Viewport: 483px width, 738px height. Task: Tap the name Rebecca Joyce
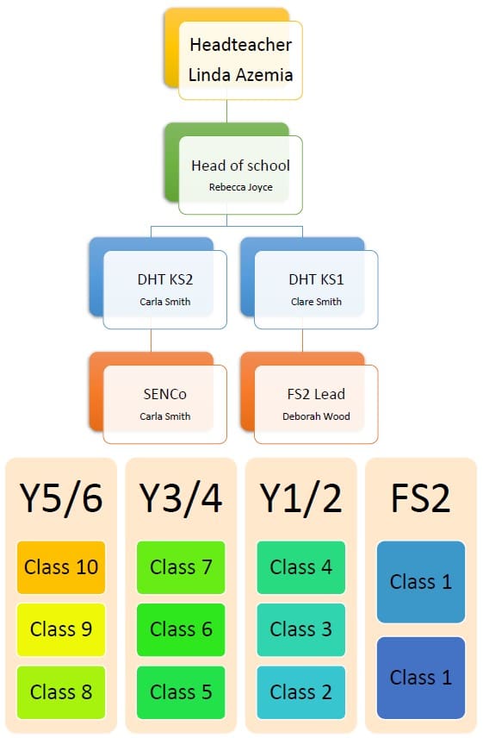pyautogui.click(x=240, y=187)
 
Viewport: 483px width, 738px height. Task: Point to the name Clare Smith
pyautogui.click(x=316, y=302)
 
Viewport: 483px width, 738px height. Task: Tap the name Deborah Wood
pyautogui.click(x=316, y=416)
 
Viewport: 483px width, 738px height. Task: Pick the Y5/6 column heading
pyautogui.click(x=61, y=498)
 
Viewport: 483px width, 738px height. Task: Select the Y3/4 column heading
pyautogui.click(x=181, y=498)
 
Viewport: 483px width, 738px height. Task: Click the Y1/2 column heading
pyautogui.click(x=300, y=498)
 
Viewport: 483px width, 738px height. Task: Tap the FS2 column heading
pyautogui.click(x=420, y=498)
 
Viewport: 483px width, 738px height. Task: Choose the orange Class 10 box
pyautogui.click(x=61, y=567)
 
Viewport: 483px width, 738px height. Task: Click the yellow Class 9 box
pyautogui.click(x=61, y=629)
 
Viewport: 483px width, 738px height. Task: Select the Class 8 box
pyautogui.click(x=61, y=691)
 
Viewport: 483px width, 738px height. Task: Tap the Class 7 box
pyautogui.click(x=181, y=567)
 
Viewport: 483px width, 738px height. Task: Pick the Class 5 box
pyautogui.click(x=181, y=691)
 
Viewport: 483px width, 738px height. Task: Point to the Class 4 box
pyautogui.click(x=300, y=567)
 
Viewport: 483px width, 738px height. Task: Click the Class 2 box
pyautogui.click(x=300, y=691)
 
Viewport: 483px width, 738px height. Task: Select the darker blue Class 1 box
pyautogui.click(x=420, y=678)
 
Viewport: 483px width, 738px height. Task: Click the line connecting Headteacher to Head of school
pyautogui.click(x=227, y=111)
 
